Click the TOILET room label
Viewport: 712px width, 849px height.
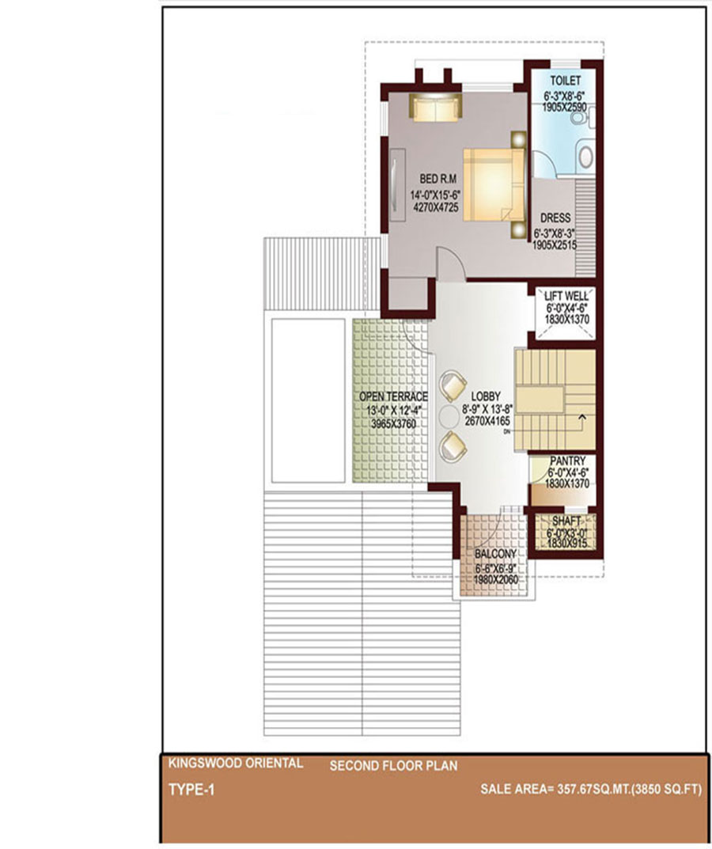566,81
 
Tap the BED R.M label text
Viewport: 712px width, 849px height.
438,179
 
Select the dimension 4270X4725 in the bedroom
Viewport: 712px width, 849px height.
436,207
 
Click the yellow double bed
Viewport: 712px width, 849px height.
494,184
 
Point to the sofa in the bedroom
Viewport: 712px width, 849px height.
435,107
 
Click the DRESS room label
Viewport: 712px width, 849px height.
555,218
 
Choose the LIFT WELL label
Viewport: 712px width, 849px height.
566,296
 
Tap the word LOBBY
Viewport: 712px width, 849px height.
486,396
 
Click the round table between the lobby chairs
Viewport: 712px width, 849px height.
449,416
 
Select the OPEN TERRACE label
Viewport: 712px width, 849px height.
394,397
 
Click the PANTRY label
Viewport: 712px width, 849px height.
567,461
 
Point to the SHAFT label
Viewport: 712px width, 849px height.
566,521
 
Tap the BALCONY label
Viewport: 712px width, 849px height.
495,554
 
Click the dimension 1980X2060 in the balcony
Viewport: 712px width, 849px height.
496,580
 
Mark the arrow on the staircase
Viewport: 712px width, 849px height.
582,418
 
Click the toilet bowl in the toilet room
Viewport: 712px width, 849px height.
586,157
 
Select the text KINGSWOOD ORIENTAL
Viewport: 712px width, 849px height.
236,764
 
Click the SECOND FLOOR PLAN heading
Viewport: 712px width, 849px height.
394,766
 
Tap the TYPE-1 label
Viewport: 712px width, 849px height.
191,790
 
